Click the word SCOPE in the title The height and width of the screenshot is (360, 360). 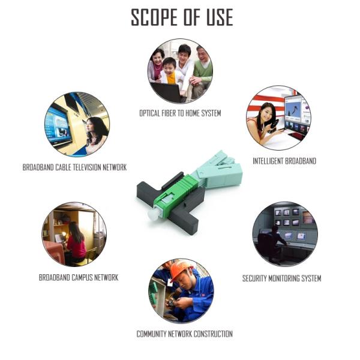[x=155, y=17]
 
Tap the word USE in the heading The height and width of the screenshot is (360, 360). [x=220, y=17]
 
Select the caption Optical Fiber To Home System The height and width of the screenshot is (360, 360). [x=180, y=113]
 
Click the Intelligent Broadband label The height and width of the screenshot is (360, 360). [x=284, y=161]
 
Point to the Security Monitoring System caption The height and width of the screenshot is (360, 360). [x=282, y=278]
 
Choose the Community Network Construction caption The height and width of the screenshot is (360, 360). [x=185, y=334]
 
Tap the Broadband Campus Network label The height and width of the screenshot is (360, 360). [x=79, y=278]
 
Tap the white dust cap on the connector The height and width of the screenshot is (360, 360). [x=153, y=214]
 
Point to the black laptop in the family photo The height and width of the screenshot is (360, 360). [x=168, y=92]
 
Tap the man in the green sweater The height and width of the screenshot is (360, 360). [x=202, y=69]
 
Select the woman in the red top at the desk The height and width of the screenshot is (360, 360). [x=76, y=241]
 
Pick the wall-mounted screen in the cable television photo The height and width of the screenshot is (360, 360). [x=59, y=126]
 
